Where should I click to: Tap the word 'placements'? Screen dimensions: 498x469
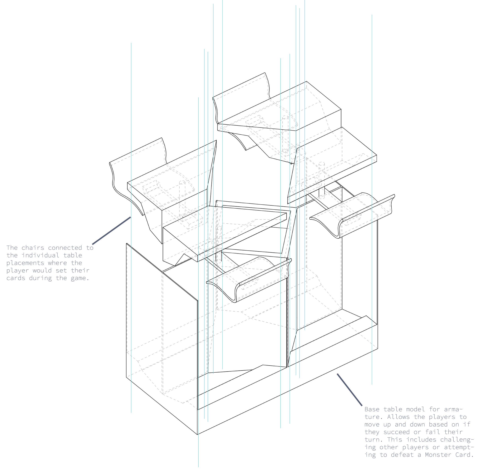[25, 263]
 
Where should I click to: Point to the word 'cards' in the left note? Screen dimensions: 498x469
[16, 278]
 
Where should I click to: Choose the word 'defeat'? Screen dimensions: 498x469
[402, 455]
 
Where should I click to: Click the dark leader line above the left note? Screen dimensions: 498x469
[112, 231]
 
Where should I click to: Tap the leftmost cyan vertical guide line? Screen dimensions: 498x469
[131, 150]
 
